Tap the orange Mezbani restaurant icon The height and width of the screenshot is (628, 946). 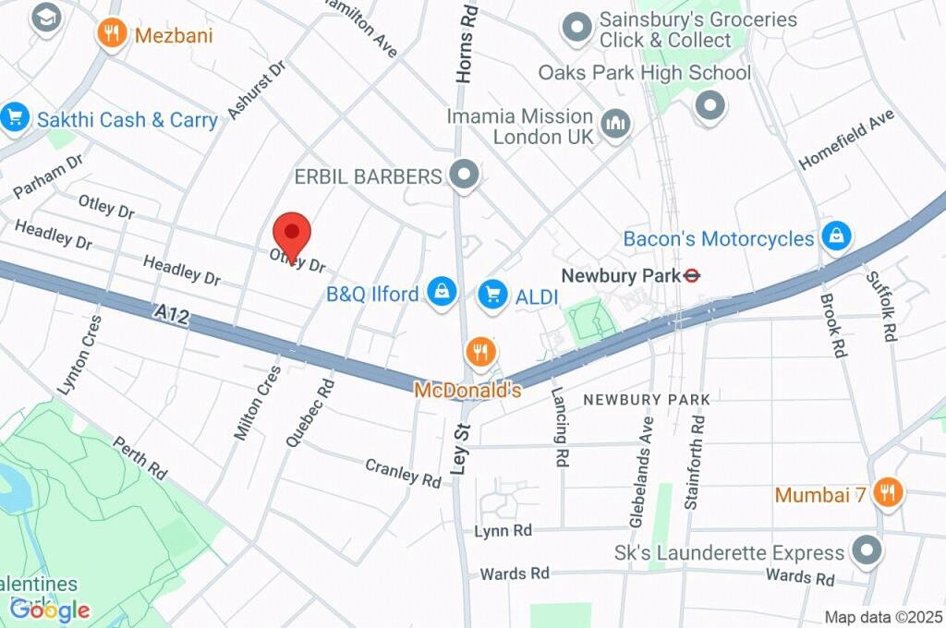pos(112,35)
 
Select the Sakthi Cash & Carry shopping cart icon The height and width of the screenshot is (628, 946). pos(15,117)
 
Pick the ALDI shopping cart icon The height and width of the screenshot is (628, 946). pos(493,295)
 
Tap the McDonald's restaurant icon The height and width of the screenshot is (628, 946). pos(481,352)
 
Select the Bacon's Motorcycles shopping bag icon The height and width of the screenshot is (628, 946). pos(836,236)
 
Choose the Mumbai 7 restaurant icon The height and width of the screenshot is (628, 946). pos(888,493)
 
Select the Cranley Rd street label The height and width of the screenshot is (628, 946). pos(404,473)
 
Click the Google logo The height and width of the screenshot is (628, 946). pos(50,609)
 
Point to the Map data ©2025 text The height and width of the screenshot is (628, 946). pos(883,617)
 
